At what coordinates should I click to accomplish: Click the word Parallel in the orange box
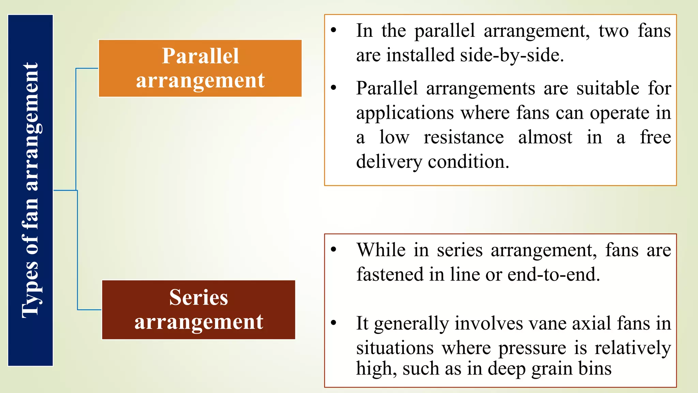tap(200, 56)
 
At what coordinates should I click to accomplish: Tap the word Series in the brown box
tap(198, 297)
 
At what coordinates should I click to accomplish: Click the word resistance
tap(464, 137)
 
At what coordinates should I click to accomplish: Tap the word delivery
tap(389, 162)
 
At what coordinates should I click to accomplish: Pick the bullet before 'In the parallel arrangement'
tap(334, 30)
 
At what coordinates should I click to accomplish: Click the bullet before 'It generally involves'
tap(334, 322)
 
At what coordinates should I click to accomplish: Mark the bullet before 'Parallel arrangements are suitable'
tap(334, 88)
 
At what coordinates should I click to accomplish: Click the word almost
tap(545, 137)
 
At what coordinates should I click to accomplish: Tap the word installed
tap(420, 55)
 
